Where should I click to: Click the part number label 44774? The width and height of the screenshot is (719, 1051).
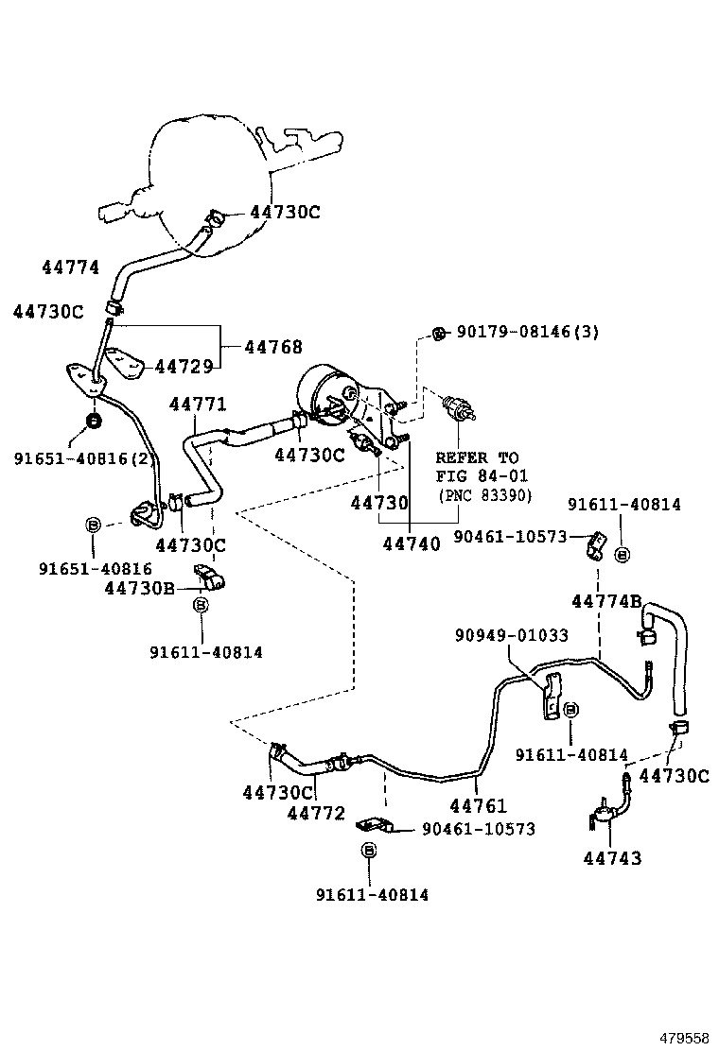tap(70, 267)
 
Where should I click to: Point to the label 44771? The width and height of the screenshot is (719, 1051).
tap(198, 405)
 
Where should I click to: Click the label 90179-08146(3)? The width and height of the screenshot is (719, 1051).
tap(528, 332)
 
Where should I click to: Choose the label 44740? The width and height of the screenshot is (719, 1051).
tap(412, 543)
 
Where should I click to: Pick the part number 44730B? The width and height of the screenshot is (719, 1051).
tap(139, 588)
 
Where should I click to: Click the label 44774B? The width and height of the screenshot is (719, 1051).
tap(606, 601)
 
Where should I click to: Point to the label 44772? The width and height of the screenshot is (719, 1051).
tap(316, 813)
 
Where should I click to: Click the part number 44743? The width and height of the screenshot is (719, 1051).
tap(612, 858)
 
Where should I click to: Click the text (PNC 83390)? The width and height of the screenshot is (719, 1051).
tap(484, 495)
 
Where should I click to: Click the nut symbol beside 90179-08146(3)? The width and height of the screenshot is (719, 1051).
tap(438, 332)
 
